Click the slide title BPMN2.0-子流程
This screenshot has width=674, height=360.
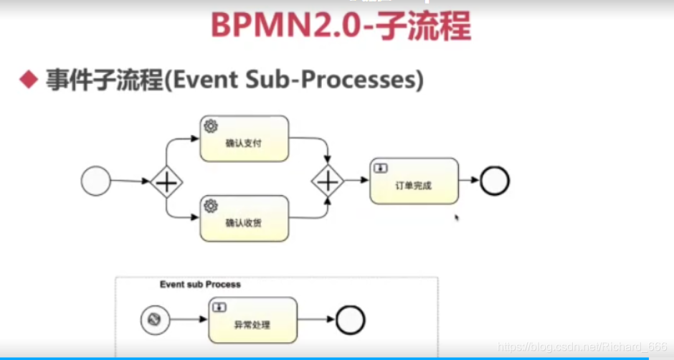[x=341, y=27]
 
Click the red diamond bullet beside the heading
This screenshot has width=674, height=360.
[x=28, y=80]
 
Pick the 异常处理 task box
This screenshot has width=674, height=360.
[x=252, y=321]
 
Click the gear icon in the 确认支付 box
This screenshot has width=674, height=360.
[x=211, y=126]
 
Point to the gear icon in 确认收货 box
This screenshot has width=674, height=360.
[x=211, y=206]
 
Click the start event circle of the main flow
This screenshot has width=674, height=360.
[x=96, y=181]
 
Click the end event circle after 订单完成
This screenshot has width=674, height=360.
[x=494, y=181]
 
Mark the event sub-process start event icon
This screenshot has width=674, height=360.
[x=153, y=320]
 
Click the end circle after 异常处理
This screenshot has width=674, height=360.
[x=351, y=321]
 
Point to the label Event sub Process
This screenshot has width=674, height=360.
[x=200, y=285]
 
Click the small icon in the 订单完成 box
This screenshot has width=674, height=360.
[x=380, y=168]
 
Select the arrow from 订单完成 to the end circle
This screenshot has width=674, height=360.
[x=469, y=181]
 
